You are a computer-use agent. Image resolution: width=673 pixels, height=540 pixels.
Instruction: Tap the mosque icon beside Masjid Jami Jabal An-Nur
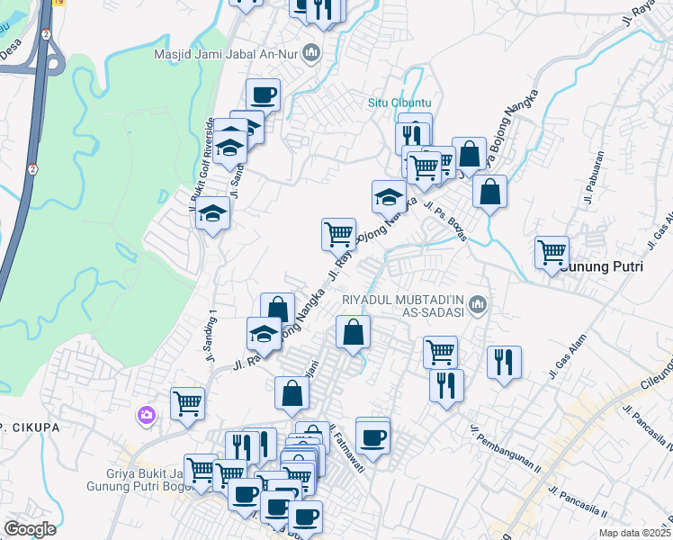pyautogui.click(x=311, y=52)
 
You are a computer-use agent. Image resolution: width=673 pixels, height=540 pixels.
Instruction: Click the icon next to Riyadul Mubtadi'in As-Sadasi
pyautogui.click(x=480, y=305)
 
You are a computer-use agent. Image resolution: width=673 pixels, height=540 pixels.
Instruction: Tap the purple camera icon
pyautogui.click(x=146, y=415)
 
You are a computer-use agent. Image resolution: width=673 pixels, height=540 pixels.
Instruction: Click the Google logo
pyautogui.click(x=30, y=529)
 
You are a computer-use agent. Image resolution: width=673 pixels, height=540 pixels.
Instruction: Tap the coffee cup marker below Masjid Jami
pyautogui.click(x=264, y=93)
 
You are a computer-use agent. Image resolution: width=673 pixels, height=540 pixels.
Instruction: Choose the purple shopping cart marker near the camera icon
pyautogui.click(x=187, y=403)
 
